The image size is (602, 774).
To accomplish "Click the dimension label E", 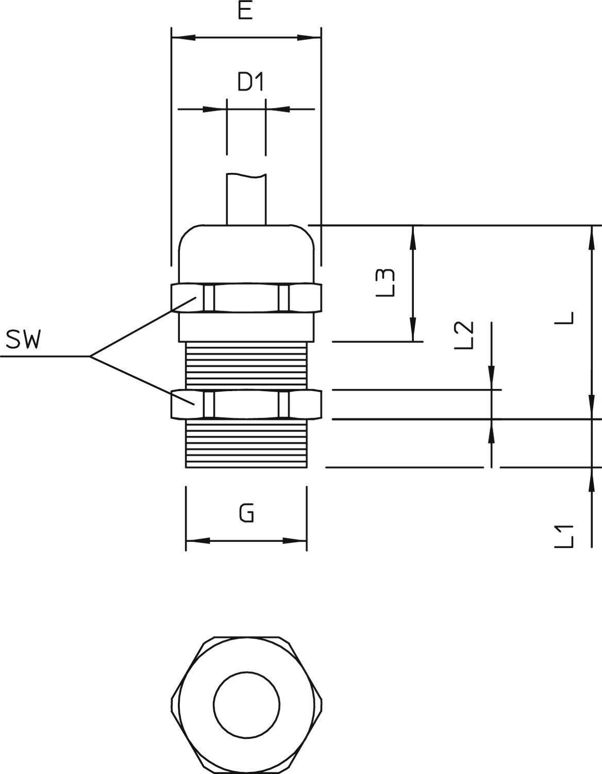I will click(x=245, y=11).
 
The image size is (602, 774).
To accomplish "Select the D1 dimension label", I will click(x=250, y=82).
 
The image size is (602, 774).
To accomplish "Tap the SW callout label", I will click(x=23, y=340).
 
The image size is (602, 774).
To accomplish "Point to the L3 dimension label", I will click(x=386, y=282).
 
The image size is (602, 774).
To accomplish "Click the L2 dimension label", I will click(x=464, y=335).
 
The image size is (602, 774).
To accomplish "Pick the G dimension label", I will click(x=246, y=513).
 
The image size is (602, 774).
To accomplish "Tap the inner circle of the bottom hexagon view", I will click(x=246, y=704).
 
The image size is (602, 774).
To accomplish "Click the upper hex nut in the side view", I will click(x=246, y=298).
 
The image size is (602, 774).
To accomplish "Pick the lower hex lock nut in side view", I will click(x=246, y=404).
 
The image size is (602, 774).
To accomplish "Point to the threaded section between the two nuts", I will click(x=246, y=365).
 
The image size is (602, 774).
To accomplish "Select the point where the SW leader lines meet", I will click(x=90, y=356).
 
